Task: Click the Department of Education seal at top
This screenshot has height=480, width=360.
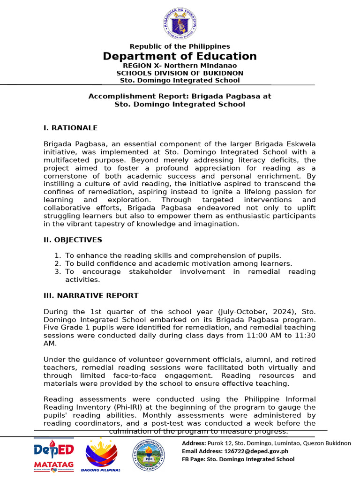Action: click(x=180, y=24)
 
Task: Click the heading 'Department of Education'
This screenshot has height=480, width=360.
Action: click(x=180, y=56)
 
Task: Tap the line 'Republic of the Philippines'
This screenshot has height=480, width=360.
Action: click(x=180, y=46)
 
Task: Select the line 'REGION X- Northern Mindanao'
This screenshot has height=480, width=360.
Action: click(x=180, y=66)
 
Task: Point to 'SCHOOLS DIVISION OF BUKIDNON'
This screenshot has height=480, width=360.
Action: click(x=180, y=73)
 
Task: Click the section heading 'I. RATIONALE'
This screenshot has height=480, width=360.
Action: click(x=70, y=128)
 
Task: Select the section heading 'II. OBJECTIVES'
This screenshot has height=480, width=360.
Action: click(x=73, y=240)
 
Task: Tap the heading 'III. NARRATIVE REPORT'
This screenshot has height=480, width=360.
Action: click(x=91, y=295)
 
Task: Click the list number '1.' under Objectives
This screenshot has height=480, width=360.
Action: click(x=58, y=255)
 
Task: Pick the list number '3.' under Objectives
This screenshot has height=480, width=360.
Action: click(x=58, y=271)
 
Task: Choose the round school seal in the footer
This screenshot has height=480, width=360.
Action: click(x=150, y=455)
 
